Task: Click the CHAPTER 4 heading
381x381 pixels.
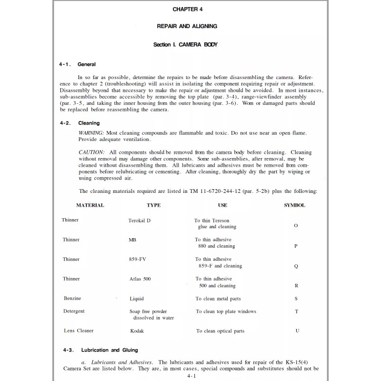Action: tap(190, 9)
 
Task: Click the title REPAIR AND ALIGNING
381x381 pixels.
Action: tap(190, 27)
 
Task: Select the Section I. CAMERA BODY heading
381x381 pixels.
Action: tap(190, 45)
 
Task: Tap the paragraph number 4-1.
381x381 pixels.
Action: tap(65, 64)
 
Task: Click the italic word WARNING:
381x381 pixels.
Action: tap(91, 132)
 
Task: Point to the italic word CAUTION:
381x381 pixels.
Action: tap(91, 152)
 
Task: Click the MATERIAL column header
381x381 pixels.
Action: tap(90, 205)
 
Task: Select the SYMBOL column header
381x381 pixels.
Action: tap(295, 205)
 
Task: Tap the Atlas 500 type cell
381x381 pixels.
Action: tap(140, 279)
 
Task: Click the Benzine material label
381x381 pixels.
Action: tap(72, 299)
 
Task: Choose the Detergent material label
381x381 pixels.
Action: tap(74, 311)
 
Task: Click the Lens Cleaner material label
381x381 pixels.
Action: tap(79, 331)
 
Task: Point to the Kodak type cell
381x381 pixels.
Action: tap(137, 331)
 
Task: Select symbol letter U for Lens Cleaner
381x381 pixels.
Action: tap(297, 331)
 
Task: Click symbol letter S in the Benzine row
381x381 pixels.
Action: tap(296, 299)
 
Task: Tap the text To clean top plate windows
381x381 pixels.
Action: tap(226, 311)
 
